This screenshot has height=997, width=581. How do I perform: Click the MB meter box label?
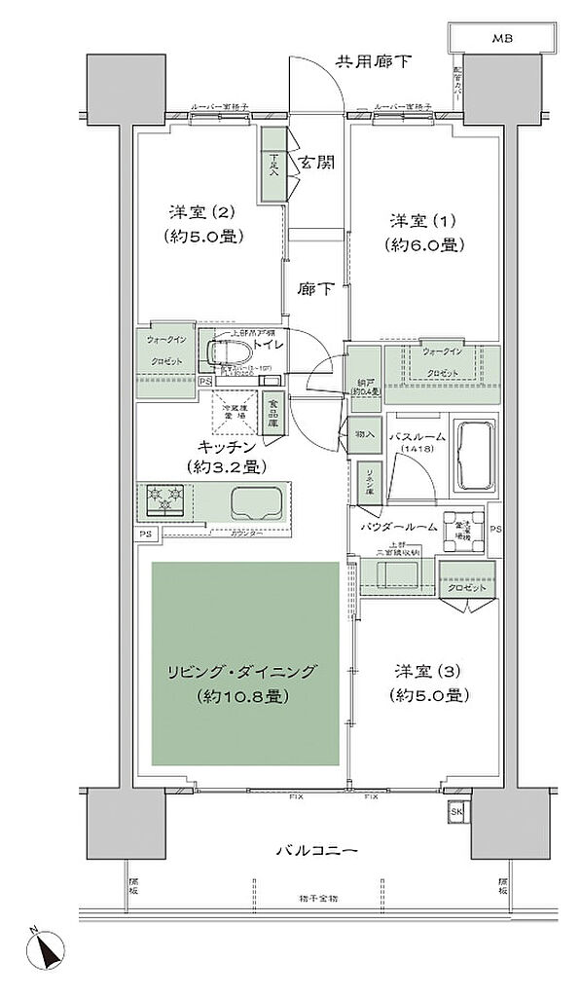coord(501,39)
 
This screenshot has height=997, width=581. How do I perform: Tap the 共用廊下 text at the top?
coord(374,61)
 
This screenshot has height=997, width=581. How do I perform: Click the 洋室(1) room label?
coord(419,218)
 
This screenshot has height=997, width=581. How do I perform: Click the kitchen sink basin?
coord(256,502)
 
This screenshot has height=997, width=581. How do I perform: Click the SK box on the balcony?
coord(455,812)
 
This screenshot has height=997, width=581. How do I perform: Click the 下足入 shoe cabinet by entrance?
coord(273,166)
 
